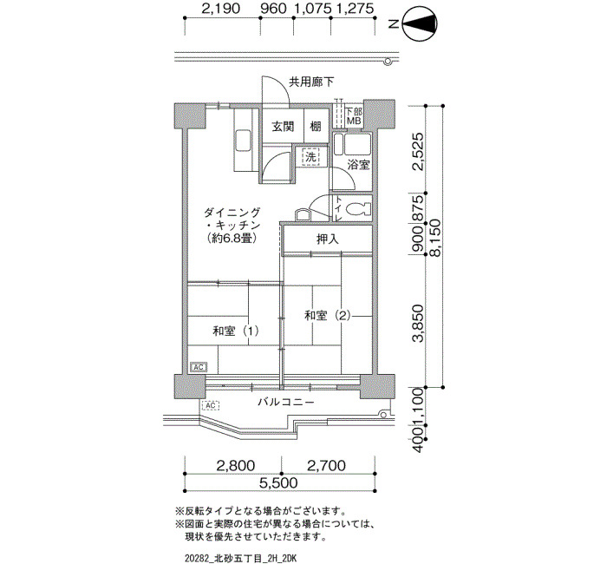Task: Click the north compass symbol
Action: tap(420, 24)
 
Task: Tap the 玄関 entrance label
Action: tap(283, 127)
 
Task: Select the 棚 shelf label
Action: tap(316, 127)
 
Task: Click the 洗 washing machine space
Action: tap(310, 157)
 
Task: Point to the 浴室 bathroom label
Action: tap(358, 165)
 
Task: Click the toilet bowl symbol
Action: tap(358, 210)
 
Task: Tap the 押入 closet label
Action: tap(328, 239)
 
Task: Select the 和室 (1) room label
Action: tap(235, 331)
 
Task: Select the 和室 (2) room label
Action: tap(328, 316)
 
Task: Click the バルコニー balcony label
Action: tap(286, 402)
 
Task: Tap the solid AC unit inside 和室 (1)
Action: tap(199, 367)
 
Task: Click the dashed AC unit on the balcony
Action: tap(210, 405)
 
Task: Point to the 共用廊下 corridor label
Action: tap(311, 82)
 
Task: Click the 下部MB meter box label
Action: tap(354, 116)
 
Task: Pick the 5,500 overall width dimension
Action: tap(278, 482)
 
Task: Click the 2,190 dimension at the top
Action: tap(220, 9)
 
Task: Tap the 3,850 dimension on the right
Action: tap(419, 324)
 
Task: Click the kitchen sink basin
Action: tap(242, 142)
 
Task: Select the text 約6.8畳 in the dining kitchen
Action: tap(232, 239)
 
